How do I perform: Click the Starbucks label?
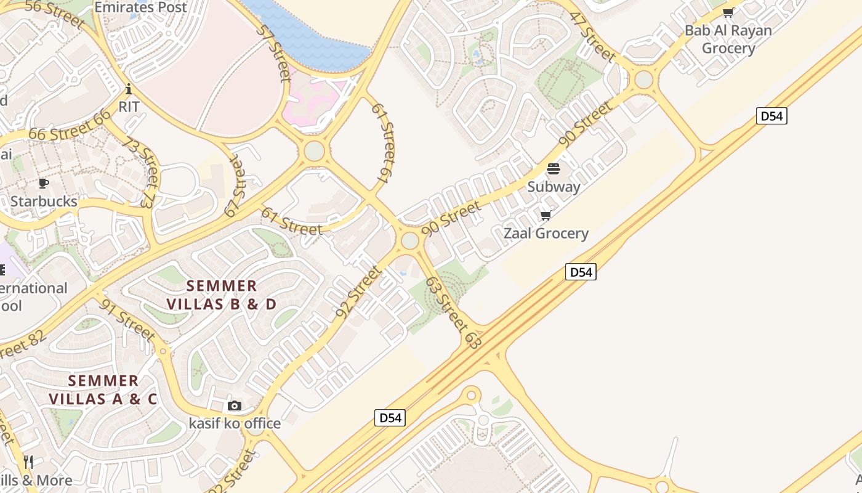tap(44, 202)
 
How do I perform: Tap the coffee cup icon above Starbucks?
tap(43, 183)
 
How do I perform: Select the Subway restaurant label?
tap(554, 187)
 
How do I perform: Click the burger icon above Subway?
tap(553, 169)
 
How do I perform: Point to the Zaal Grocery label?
tap(546, 234)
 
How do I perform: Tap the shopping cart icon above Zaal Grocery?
tap(546, 215)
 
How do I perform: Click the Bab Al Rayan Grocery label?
tap(728, 39)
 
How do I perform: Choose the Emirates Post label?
tap(140, 7)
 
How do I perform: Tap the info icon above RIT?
tap(129, 89)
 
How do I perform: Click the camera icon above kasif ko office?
tap(235, 405)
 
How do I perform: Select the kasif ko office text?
tap(235, 423)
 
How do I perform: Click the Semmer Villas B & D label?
tap(222, 295)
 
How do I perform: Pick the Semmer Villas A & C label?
tap(103, 389)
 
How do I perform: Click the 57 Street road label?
tap(275, 54)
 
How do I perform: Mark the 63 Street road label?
tap(453, 313)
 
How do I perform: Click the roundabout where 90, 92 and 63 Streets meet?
tap(410, 240)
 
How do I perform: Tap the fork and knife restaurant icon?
tap(28, 462)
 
